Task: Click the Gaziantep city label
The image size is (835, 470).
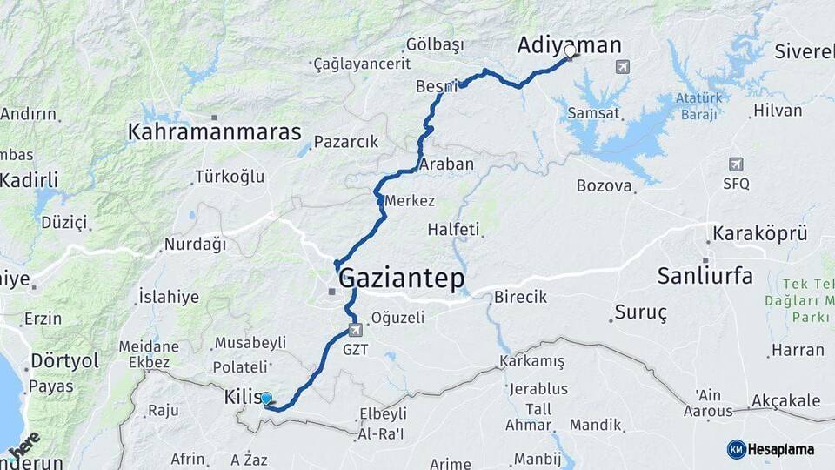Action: pos(401,279)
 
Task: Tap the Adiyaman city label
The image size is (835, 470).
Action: pos(570,45)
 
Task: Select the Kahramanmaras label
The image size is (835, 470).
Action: pos(214,132)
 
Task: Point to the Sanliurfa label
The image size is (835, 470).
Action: pos(705,276)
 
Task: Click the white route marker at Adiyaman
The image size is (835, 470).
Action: pos(570,51)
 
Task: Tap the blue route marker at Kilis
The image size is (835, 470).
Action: pos(266,399)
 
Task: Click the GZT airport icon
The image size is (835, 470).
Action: pos(355,331)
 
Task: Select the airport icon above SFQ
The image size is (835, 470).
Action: pos(736,164)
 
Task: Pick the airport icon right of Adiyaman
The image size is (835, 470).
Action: pos(622,66)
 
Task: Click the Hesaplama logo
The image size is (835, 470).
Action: pos(771,449)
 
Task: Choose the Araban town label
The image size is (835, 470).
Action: pos(446,164)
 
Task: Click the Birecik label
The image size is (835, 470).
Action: pos(520,297)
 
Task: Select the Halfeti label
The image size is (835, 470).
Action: pos(453,230)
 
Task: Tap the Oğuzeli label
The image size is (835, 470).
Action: pos(397,318)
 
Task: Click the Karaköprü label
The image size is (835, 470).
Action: pos(760,233)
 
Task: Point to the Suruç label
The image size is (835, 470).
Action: pos(640,312)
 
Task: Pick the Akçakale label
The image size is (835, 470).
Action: pos(785,400)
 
